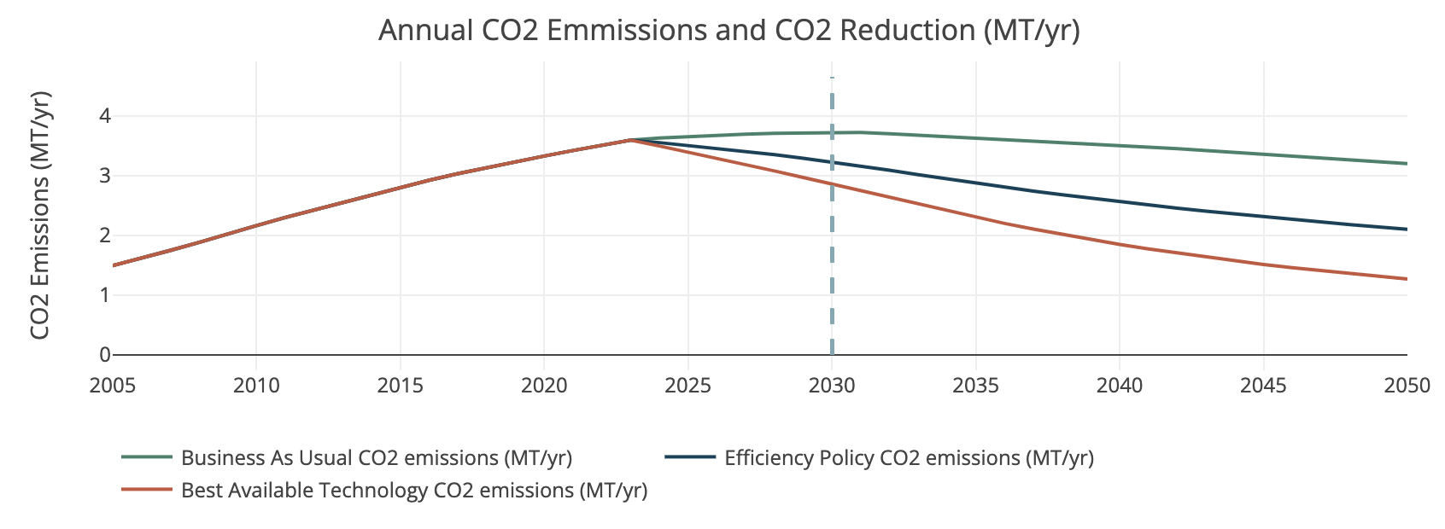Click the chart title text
(x=728, y=31)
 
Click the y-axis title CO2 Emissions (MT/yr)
(x=40, y=215)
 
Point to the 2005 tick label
(x=113, y=386)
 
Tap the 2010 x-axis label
(x=256, y=386)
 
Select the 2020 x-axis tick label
(x=544, y=386)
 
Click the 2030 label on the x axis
(x=832, y=386)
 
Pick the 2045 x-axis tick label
(x=1263, y=386)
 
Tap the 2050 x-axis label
(x=1407, y=386)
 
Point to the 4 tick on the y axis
(x=105, y=115)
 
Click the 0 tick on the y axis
(x=105, y=354)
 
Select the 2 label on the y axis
(x=105, y=235)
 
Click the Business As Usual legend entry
(x=376, y=458)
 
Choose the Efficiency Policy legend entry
(x=909, y=458)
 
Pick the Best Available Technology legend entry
(x=414, y=491)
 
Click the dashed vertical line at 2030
(x=832, y=256)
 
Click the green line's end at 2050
(x=1406, y=163)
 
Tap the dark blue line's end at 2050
(x=1406, y=229)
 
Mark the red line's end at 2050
(x=1406, y=278)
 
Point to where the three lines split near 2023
(x=630, y=140)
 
